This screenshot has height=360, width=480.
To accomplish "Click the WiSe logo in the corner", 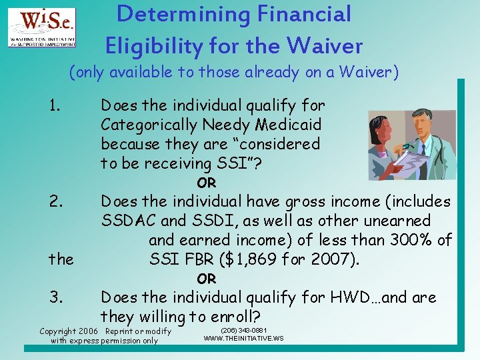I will [41, 27].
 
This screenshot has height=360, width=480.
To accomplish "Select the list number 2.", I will [56, 201].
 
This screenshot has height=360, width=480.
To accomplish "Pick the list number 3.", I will [56, 297].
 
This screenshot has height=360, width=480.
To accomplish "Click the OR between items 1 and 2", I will [206, 183].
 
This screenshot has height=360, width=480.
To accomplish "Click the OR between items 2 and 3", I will [206, 279].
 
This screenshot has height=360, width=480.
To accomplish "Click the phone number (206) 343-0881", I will [243, 330].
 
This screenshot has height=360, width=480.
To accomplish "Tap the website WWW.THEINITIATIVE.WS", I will [243, 339].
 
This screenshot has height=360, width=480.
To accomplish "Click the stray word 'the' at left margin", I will [61, 259].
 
